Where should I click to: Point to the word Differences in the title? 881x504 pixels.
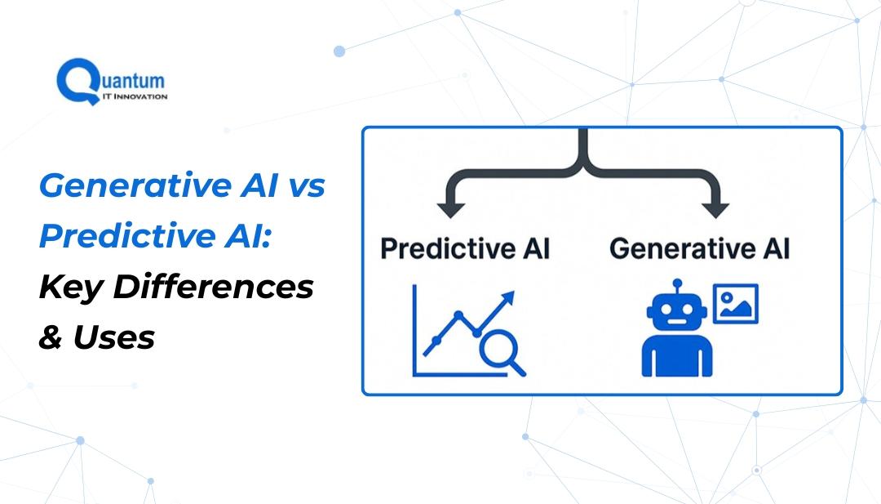point(214,287)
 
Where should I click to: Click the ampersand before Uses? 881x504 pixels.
point(51,337)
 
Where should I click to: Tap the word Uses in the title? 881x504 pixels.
point(114,337)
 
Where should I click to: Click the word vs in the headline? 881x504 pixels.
point(308,186)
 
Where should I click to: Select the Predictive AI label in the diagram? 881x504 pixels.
point(465,248)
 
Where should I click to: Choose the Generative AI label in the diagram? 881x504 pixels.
point(700,248)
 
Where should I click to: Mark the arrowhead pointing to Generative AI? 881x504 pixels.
point(715,210)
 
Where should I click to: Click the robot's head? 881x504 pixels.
point(676,313)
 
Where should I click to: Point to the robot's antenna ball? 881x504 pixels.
point(677,283)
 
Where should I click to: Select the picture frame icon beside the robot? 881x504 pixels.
point(736,304)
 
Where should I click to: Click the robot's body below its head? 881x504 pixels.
point(677,356)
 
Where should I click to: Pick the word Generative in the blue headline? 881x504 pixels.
point(135,185)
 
